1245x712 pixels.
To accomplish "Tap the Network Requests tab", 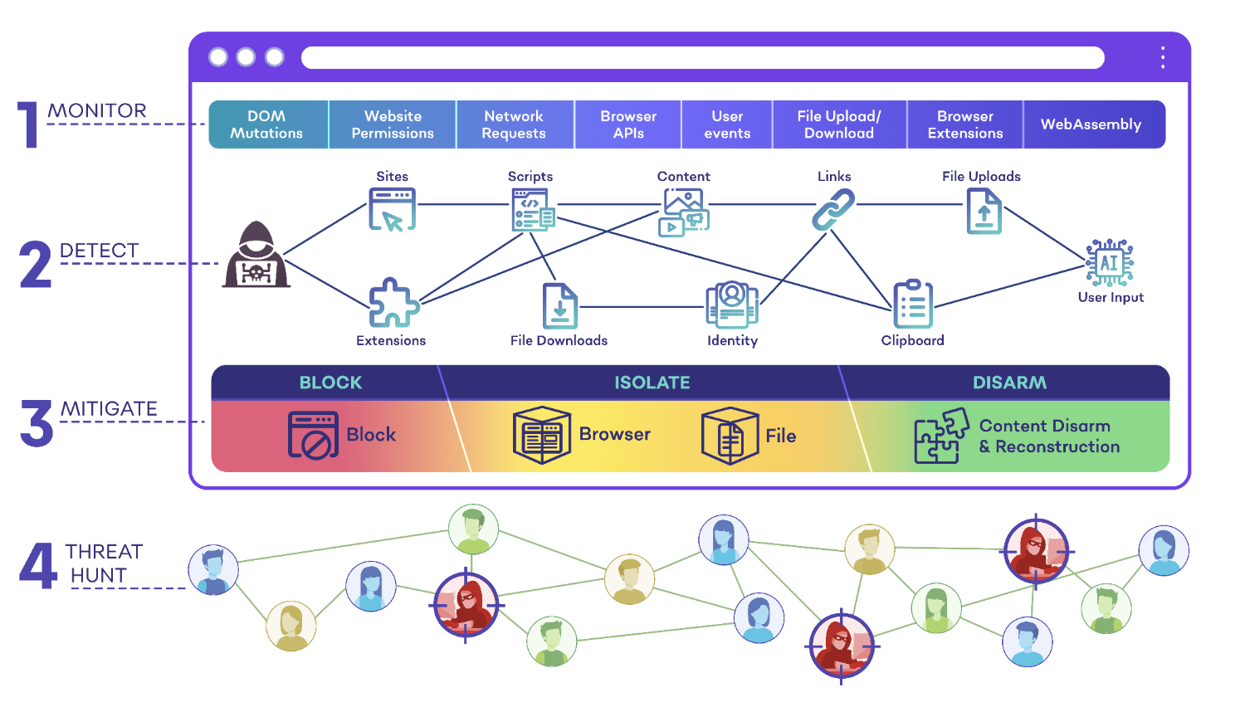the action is pos(515,124).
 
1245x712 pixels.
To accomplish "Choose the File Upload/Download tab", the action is pos(839,124).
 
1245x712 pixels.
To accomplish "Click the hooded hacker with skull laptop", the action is pos(256,255).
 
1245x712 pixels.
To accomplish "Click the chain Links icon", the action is pos(833,209).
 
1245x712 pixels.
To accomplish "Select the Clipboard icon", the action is pos(913,304).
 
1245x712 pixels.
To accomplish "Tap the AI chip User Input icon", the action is pos(1110,262).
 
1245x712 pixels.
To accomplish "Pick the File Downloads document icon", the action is pos(560,305).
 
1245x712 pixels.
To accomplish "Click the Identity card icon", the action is pos(732,305).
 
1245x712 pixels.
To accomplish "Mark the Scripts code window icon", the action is pos(533,210).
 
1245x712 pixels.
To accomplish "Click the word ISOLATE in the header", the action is pos(652,383).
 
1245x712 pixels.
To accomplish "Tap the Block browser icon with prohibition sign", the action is pos(313,435).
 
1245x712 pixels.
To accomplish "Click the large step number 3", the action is pos(37,423).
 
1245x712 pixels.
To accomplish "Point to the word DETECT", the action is pos(99,250).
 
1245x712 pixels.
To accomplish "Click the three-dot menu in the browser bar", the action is pos(1163,57).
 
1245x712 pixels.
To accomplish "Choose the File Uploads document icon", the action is pos(984,212).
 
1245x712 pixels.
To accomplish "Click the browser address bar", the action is pos(702,58).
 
